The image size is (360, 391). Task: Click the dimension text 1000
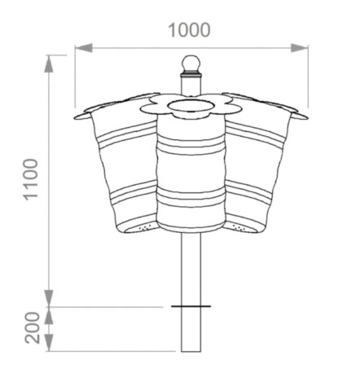click(189, 30)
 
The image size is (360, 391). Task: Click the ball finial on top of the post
click(190, 64)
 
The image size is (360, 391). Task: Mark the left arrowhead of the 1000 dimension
click(80, 48)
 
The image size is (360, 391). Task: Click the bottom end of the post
click(191, 349)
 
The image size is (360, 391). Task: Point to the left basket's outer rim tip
click(79, 116)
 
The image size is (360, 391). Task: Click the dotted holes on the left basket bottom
click(143, 228)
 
